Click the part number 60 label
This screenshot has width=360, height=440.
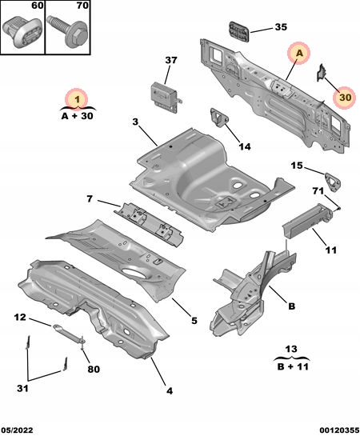(36, 6)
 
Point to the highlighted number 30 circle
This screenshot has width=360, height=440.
(344, 96)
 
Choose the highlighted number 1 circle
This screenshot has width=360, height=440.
(77, 99)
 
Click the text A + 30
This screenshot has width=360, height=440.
(77, 116)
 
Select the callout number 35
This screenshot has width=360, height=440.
(280, 27)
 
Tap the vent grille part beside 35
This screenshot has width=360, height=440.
(238, 33)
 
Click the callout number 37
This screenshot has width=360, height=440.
(170, 61)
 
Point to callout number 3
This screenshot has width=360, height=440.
(136, 122)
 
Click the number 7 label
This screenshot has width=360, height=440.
(90, 198)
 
